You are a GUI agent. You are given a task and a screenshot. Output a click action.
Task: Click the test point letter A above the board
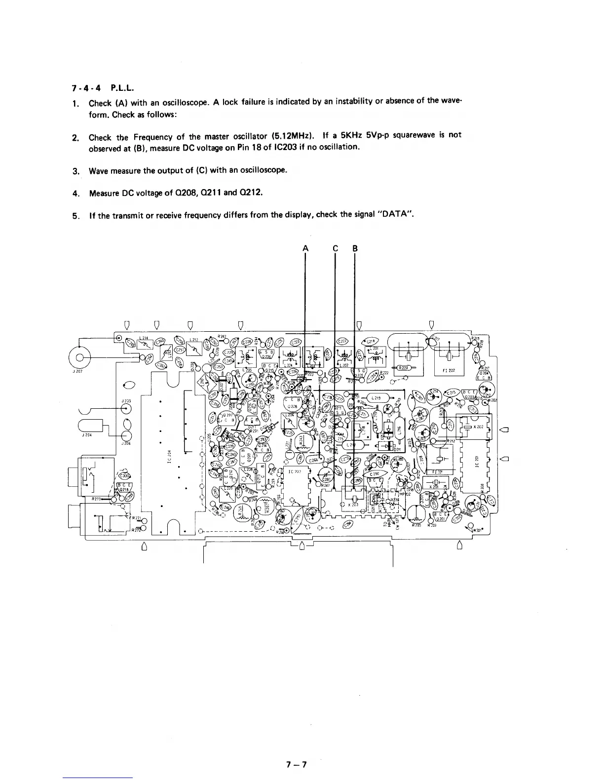pos(305,249)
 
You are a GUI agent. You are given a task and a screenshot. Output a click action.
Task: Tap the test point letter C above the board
pos(335,249)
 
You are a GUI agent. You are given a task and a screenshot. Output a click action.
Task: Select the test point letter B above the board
pos(355,249)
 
